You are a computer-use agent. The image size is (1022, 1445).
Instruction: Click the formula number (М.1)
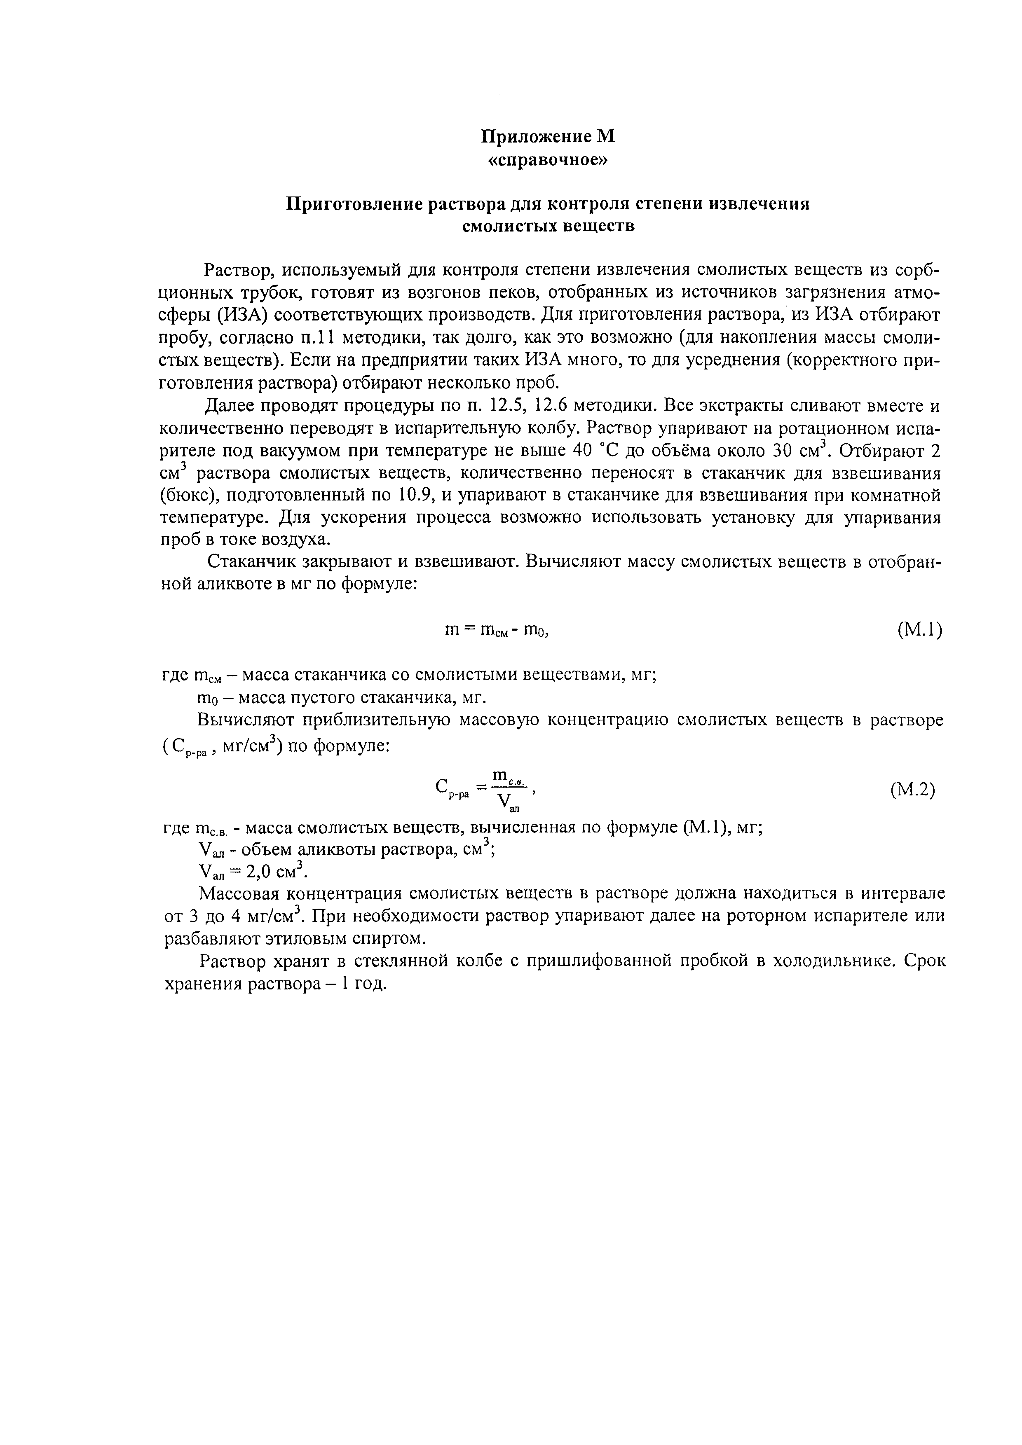919,629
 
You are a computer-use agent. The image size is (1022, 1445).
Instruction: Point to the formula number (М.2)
913,790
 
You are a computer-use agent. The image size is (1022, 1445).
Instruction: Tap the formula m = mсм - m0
498,630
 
